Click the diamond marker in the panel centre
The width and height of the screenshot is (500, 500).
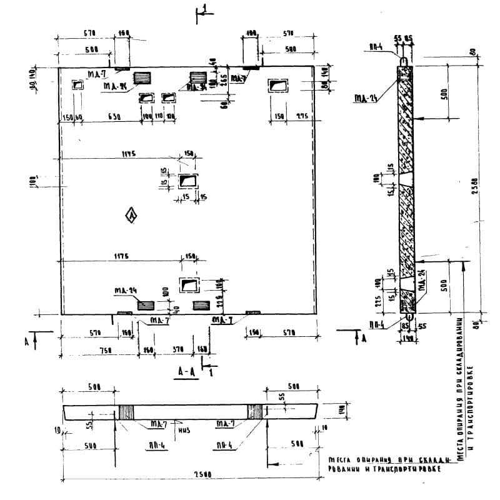pos(131,216)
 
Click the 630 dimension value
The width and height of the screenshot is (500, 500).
pos(114,117)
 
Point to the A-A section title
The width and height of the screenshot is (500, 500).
pos(186,371)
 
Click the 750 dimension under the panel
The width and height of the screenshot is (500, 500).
pos(105,351)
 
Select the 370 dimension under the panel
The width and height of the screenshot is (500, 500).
pos(177,351)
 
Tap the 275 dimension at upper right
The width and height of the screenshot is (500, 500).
pos(303,117)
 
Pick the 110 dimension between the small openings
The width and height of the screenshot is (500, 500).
pos(159,117)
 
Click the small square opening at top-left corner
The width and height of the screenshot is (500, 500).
pos(78,86)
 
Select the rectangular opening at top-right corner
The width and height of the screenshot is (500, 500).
pos(278,86)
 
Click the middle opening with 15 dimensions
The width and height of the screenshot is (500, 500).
pos(187,181)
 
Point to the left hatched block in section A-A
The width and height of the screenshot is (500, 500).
pos(127,412)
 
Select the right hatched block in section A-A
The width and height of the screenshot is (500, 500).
pos(255,412)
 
